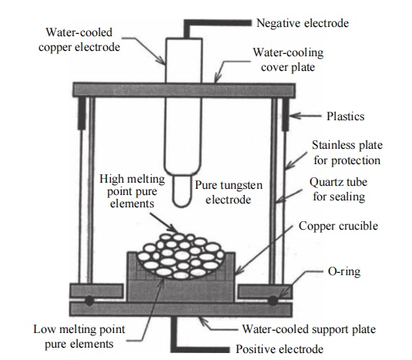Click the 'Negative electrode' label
pos(303,23)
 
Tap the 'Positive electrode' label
pos(280,349)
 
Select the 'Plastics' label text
pos(345,116)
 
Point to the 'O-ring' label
pos(344,271)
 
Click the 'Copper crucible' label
pos(338,226)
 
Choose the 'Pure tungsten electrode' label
pos(229,192)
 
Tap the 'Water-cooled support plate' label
pos(309,329)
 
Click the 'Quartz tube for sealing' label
pos(338,189)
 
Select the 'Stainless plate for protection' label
pos(347,153)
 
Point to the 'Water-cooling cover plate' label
pos(288,59)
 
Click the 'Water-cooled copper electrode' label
pos(79,40)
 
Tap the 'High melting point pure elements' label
pos(132,191)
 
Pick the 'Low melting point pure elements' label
pos(79,336)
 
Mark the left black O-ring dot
pos(89,301)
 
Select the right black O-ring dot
pos(273,301)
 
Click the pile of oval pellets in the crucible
pos(181,256)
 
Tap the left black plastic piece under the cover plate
pos(82,113)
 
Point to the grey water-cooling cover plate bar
pos(183,90)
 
